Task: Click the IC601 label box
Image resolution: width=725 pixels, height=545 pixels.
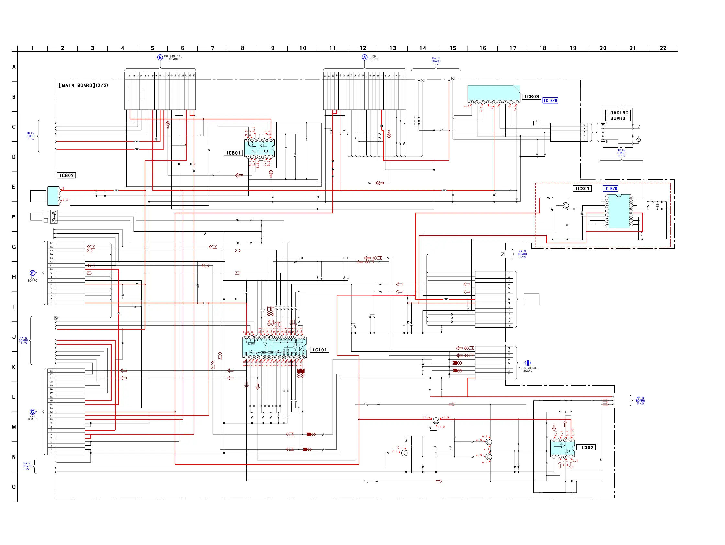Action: (233, 153)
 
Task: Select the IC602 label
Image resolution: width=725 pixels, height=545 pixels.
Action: (67, 176)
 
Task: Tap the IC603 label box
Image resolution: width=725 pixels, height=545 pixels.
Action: (532, 97)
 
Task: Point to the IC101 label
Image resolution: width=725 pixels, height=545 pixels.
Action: (319, 350)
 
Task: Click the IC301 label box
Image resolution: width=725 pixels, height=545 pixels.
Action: (582, 189)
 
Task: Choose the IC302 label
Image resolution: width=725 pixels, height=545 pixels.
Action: (586, 448)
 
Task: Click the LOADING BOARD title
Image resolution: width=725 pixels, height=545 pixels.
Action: (618, 115)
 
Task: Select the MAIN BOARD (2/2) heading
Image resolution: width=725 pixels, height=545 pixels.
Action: (83, 85)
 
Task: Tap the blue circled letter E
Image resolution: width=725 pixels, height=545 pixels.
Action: (160, 57)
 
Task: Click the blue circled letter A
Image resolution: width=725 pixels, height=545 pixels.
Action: (364, 57)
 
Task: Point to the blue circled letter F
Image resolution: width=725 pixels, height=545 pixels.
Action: (32, 273)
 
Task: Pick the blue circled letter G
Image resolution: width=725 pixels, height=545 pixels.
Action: (32, 412)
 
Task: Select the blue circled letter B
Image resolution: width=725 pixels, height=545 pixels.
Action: (528, 363)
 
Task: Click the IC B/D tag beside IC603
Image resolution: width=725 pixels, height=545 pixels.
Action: (550, 101)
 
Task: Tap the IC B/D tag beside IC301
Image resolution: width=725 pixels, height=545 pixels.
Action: (610, 189)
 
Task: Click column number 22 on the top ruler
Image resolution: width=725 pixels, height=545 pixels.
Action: (663, 48)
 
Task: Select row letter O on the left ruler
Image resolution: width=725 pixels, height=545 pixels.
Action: (14, 487)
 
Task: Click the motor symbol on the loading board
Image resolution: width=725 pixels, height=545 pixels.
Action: (638, 140)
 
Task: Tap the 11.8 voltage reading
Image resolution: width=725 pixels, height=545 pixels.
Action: (441, 427)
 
